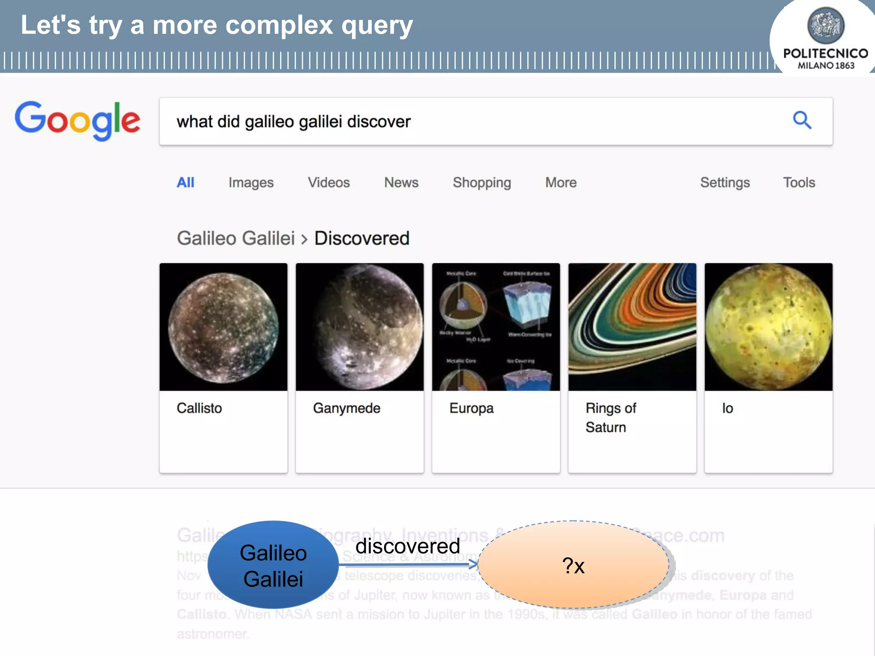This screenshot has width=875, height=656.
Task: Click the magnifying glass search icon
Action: coord(802,120)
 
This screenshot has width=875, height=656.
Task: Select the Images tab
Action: coord(251,183)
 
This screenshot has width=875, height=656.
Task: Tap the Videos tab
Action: coord(329,183)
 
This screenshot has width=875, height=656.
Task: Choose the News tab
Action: coord(401,183)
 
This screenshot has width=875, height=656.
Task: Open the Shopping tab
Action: coord(482,183)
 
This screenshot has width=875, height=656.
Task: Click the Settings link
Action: coord(725,183)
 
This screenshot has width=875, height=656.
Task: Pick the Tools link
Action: coord(799,183)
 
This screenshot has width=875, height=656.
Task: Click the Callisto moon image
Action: coord(223,327)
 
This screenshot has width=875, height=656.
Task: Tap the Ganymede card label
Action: coord(346,408)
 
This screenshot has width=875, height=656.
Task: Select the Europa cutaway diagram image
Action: coord(496,327)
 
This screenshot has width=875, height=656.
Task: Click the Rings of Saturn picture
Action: coord(632,327)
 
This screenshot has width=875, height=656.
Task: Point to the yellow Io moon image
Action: coord(768,327)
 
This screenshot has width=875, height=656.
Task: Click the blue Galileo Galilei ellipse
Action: coord(273,565)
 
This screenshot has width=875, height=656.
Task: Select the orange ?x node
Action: coord(573,565)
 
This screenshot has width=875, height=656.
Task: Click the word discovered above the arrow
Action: coord(408,546)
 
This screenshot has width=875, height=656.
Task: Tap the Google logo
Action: coord(77,121)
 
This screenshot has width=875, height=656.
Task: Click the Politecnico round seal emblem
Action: coord(825,25)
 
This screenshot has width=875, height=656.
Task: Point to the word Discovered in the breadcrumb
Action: coord(362,238)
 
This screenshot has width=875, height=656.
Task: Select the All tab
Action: coord(185,183)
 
